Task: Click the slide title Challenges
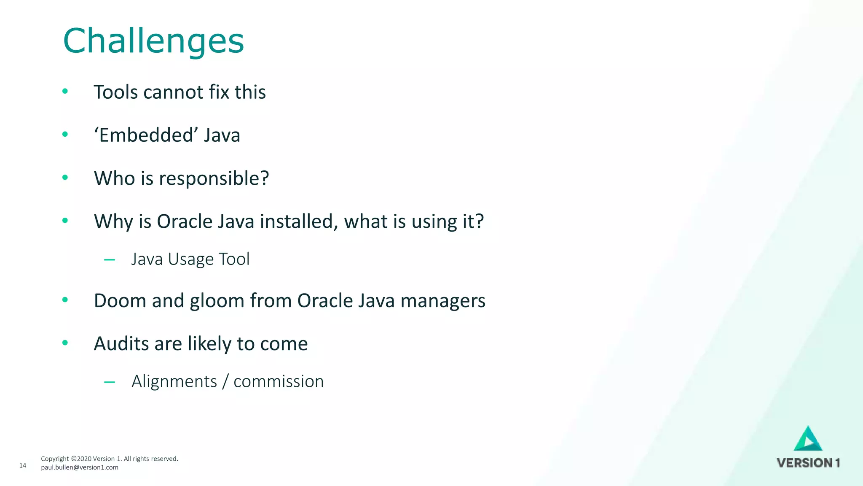pos(153,41)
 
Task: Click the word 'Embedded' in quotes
pos(146,135)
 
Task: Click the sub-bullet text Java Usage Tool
pos(190,259)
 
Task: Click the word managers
pos(443,301)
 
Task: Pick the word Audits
pos(121,344)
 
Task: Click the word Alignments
pos(174,381)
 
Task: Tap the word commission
pos(279,381)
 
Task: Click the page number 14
pos(23,465)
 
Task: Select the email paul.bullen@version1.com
pos(80,467)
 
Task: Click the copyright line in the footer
pos(110,459)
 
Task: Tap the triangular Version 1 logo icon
pos(808,440)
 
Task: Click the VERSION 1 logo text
pos(808,463)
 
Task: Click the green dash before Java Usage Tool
pos(110,260)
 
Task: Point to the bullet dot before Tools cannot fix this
pos(65,91)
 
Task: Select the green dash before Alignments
pos(110,382)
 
